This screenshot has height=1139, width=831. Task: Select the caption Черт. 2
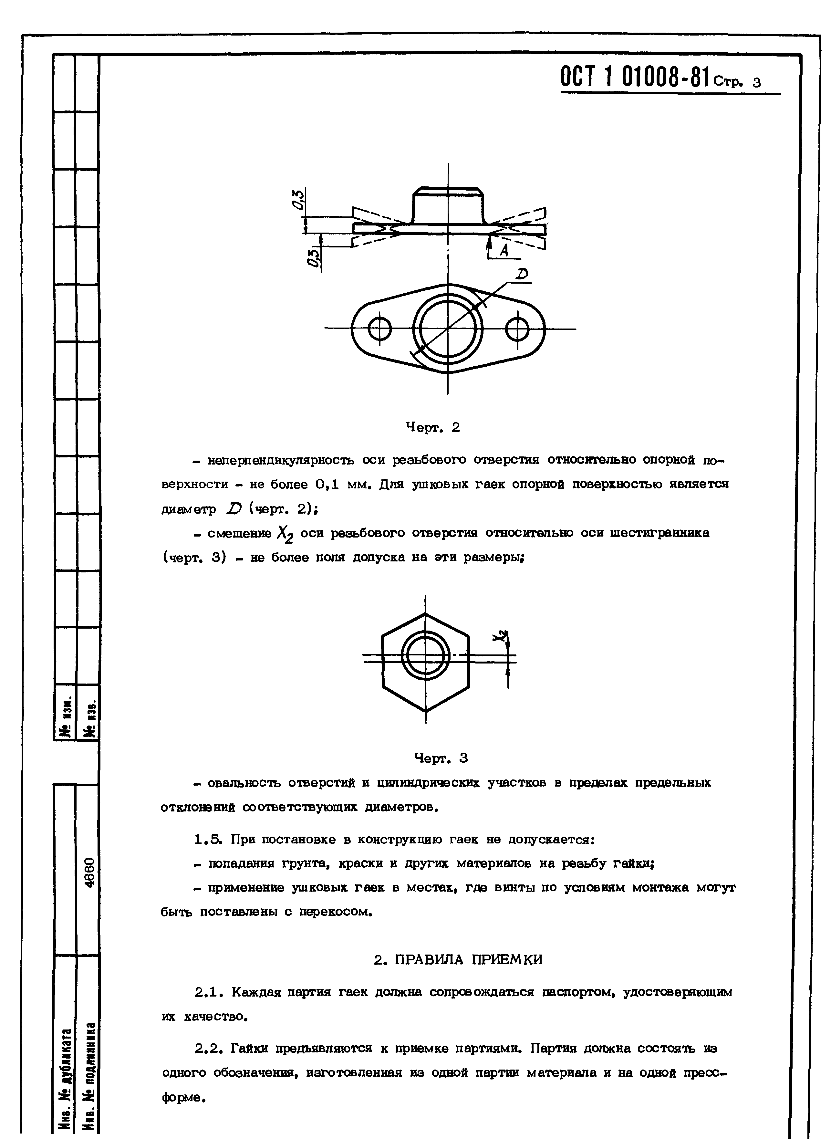tap(432, 428)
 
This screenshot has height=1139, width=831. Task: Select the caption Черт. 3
tap(441, 758)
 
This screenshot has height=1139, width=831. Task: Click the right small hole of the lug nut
tap(517, 329)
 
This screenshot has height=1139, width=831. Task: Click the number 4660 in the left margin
tap(88, 873)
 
